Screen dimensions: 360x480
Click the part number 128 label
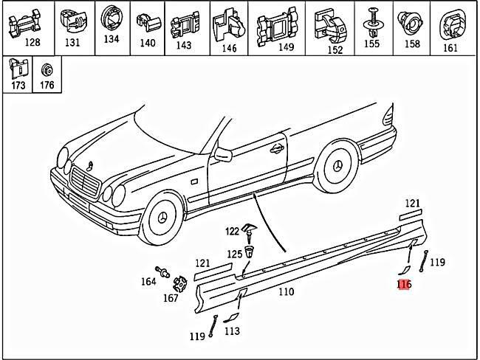pyautogui.click(x=32, y=43)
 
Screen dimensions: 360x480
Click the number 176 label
pyautogui.click(x=47, y=85)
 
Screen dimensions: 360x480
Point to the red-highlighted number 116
pyautogui.click(x=404, y=284)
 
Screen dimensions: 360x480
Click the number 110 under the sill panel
pyautogui.click(x=286, y=291)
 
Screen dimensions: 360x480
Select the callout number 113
pyautogui.click(x=232, y=331)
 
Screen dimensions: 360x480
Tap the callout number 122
pyautogui.click(x=233, y=231)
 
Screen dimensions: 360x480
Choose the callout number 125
pyautogui.click(x=234, y=254)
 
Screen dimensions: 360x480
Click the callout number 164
pyautogui.click(x=149, y=281)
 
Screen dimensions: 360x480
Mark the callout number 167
pyautogui.click(x=171, y=298)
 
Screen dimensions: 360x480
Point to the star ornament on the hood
pyautogui.click(x=89, y=163)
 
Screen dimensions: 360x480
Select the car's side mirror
pyautogui.click(x=222, y=153)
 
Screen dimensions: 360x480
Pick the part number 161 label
pyautogui.click(x=450, y=48)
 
